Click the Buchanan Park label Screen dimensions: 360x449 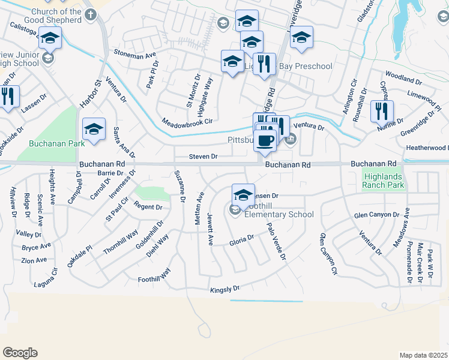click(50, 144)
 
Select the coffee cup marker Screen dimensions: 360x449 click(265, 140)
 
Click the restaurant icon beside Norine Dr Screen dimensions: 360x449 click(381, 110)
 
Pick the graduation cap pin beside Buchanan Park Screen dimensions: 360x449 click(94, 129)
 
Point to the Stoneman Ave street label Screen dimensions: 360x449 click(134, 55)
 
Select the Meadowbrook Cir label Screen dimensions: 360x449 click(187, 121)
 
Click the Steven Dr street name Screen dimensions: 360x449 click(203, 157)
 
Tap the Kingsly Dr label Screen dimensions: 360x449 click(224, 290)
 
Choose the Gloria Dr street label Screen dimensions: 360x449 click(242, 241)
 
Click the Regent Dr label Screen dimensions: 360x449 click(148, 207)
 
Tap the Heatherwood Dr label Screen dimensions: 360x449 click(426, 148)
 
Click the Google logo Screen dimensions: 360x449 click(20, 353)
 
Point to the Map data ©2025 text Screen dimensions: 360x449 click(423, 355)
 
